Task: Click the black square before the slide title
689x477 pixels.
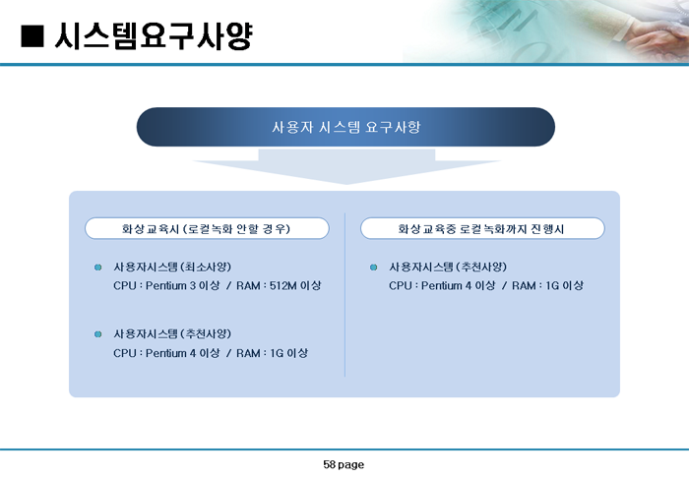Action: pyautogui.click(x=32, y=36)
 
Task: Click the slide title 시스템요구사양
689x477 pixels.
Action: pyautogui.click(x=154, y=36)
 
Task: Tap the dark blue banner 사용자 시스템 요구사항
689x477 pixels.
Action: pyautogui.click(x=345, y=127)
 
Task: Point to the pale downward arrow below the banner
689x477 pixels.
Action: pyautogui.click(x=346, y=167)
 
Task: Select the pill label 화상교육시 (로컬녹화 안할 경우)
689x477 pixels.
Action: pyautogui.click(x=207, y=228)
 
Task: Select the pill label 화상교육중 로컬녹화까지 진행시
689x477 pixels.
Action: pyautogui.click(x=482, y=228)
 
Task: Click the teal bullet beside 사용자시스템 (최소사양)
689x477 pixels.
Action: pyautogui.click(x=98, y=268)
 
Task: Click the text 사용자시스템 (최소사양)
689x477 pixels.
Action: pyautogui.click(x=172, y=268)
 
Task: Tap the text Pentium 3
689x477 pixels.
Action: pyautogui.click(x=170, y=286)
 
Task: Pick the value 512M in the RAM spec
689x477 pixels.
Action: pyautogui.click(x=283, y=286)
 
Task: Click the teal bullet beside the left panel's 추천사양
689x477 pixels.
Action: pyautogui.click(x=98, y=334)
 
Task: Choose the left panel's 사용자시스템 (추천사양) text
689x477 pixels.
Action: pyautogui.click(x=172, y=334)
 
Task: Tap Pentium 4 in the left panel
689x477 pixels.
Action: pyautogui.click(x=170, y=353)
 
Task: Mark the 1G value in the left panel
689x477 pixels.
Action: pyautogui.click(x=277, y=353)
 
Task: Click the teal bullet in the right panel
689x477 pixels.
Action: pyautogui.click(x=373, y=268)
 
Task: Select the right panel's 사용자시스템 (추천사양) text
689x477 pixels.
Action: pyautogui.click(x=448, y=268)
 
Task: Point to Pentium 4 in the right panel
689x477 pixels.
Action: pyautogui.click(x=446, y=286)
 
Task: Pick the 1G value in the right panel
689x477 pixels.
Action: pyautogui.click(x=552, y=286)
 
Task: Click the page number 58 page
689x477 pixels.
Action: pyautogui.click(x=344, y=464)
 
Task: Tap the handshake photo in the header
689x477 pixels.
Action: pyautogui.click(x=545, y=31)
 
